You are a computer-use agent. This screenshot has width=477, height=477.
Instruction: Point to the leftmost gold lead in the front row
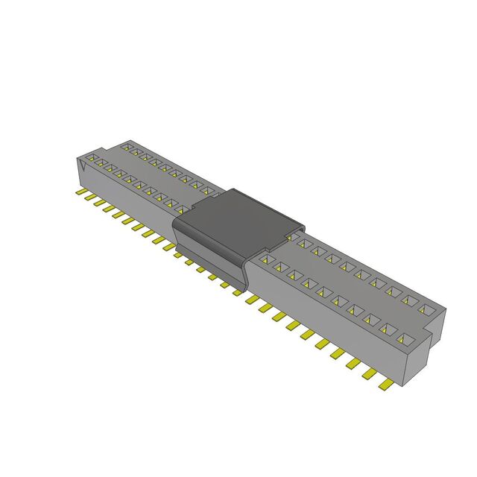(80, 192)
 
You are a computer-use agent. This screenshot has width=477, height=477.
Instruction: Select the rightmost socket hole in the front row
(405, 340)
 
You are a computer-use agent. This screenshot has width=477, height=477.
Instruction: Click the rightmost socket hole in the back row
(426, 308)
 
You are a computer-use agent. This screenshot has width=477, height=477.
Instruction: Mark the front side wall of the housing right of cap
(328, 328)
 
